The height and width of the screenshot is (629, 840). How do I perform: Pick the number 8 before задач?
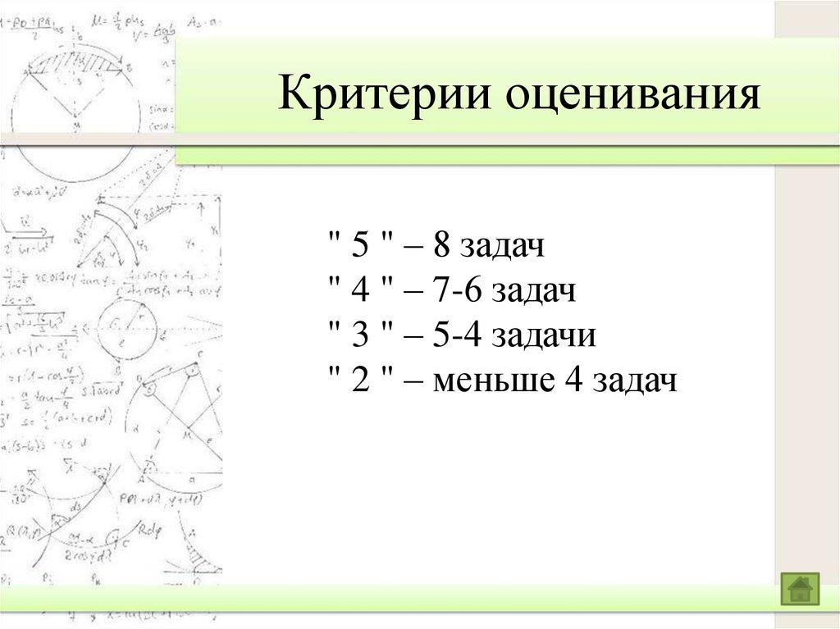pos(443,246)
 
